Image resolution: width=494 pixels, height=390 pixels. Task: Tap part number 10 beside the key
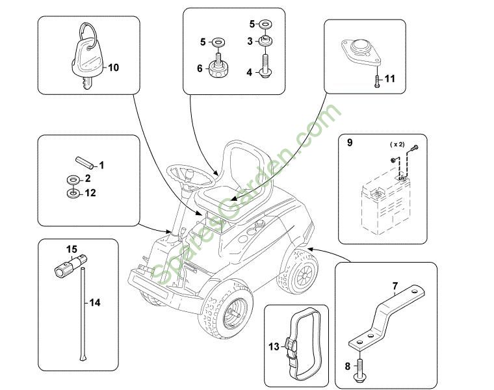click(113, 67)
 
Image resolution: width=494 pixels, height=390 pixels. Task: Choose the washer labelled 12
click(72, 193)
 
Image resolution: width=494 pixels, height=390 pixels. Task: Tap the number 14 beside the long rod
click(96, 302)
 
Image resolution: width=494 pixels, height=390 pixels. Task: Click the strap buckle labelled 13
click(292, 348)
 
